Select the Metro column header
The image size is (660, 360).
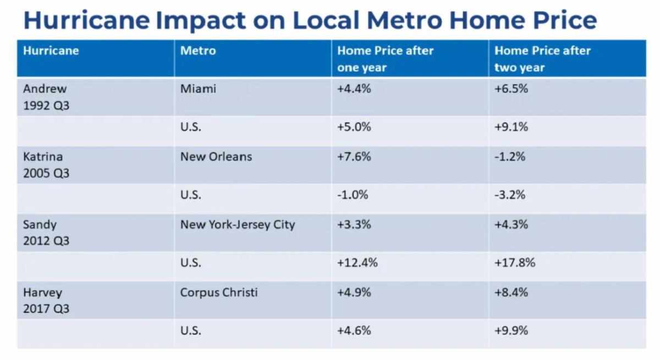(x=198, y=51)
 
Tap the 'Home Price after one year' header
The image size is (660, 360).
(x=385, y=59)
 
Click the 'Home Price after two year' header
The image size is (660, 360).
(x=542, y=59)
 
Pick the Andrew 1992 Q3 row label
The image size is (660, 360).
(x=46, y=96)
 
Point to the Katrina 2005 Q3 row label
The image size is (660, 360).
(x=46, y=164)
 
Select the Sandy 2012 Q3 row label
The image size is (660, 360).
(x=46, y=232)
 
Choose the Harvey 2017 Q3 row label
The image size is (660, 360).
(x=46, y=301)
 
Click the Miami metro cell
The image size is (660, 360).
(x=198, y=88)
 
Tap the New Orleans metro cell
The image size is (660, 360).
(x=216, y=157)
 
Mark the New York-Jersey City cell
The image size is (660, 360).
(x=238, y=224)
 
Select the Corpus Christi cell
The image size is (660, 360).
(x=219, y=292)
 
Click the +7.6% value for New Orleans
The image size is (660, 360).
(x=354, y=157)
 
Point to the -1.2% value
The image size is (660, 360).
(x=510, y=157)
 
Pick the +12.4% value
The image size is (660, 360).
(x=358, y=263)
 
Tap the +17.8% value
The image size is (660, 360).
(x=515, y=263)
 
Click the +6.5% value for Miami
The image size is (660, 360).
(x=512, y=88)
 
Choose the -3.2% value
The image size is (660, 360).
(x=510, y=195)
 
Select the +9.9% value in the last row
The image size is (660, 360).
(x=512, y=330)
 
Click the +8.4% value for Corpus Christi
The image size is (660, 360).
(x=512, y=292)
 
